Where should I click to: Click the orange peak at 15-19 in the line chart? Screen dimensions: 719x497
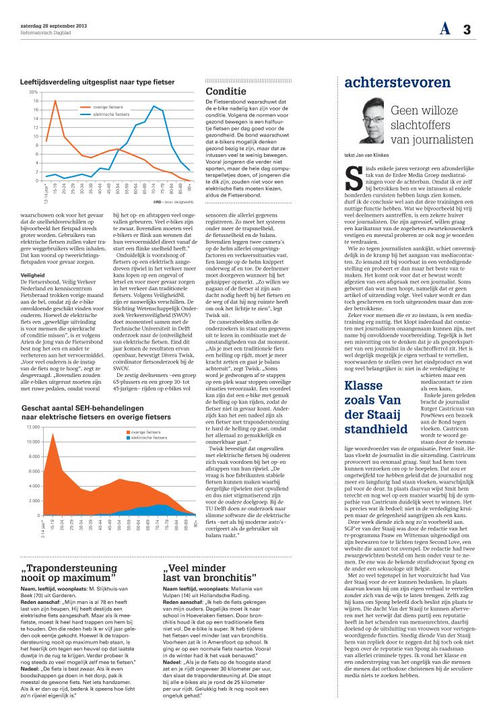pos(55,100)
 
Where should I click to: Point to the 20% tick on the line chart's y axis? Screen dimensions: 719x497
pos(32,92)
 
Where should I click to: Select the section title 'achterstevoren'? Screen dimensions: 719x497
pos(397,83)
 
